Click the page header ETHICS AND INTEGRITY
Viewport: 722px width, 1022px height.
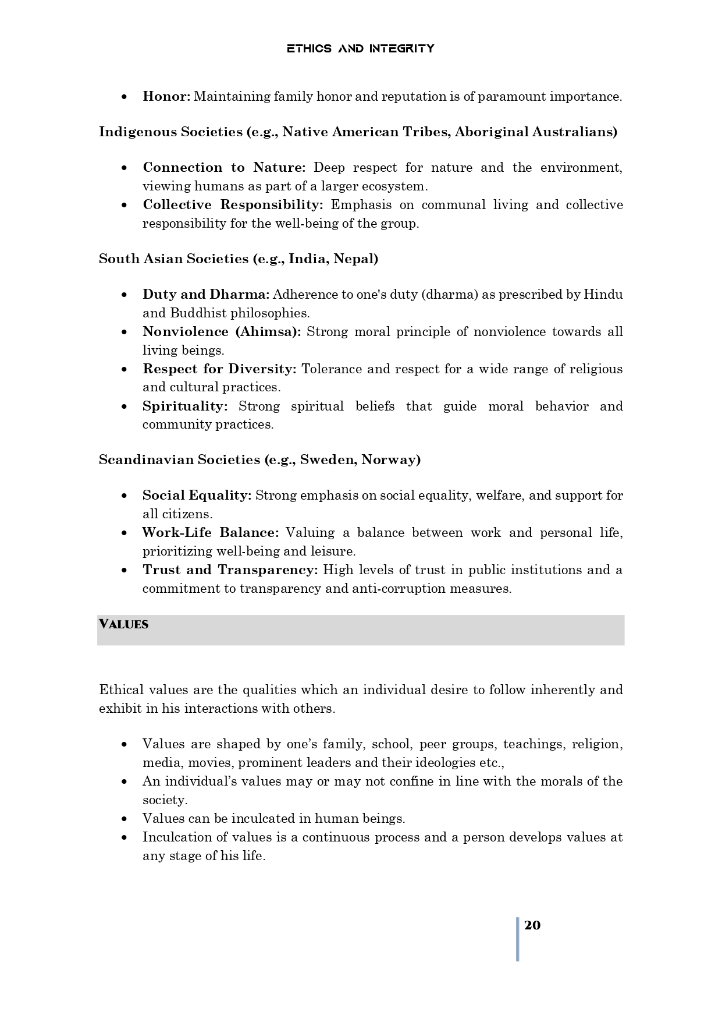coord(360,48)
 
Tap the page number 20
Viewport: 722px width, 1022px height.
coord(532,925)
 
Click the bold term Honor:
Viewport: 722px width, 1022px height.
coord(166,97)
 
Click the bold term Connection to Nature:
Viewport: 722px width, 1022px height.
coord(224,168)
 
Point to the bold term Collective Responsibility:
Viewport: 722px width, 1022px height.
coord(233,205)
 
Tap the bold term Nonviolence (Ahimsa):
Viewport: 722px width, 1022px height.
coord(222,332)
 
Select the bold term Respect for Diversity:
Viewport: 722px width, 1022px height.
coord(219,369)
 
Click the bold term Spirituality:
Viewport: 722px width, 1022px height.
coord(185,406)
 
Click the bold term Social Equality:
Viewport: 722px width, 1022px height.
coord(197,496)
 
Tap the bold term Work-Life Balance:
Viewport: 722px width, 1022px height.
coord(211,533)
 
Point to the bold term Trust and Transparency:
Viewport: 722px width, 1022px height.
coord(230,570)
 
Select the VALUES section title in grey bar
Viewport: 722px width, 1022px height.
coord(123,625)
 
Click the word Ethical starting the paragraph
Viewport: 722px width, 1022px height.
coord(121,690)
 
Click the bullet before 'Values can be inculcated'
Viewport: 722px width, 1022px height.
coord(125,819)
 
